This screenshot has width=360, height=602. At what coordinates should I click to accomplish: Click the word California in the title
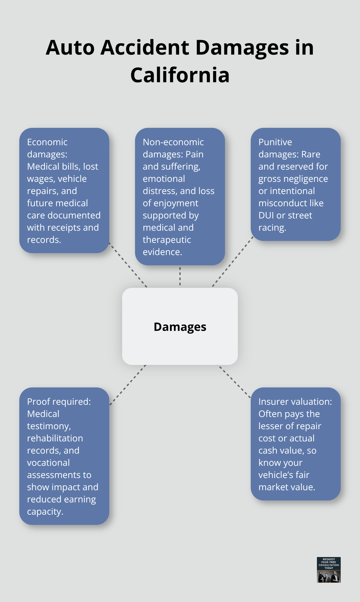[x=180, y=75]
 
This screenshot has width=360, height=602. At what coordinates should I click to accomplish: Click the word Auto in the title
[x=70, y=48]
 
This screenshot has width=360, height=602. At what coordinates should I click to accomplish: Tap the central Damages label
[x=180, y=327]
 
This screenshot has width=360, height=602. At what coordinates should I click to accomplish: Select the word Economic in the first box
[x=47, y=142]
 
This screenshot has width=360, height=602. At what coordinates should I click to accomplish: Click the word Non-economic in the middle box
[x=173, y=142]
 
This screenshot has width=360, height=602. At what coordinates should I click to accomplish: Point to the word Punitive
[x=275, y=142]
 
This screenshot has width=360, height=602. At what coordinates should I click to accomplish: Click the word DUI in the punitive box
[x=266, y=215]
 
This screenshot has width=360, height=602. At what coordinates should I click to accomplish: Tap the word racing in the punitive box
[x=272, y=227]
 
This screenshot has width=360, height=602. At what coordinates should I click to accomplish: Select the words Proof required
[x=59, y=402]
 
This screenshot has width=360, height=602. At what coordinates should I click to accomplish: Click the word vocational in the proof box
[x=48, y=463]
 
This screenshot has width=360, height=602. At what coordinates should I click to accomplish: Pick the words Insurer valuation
[x=295, y=402]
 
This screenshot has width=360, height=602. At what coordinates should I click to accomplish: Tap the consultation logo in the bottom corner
[x=328, y=570]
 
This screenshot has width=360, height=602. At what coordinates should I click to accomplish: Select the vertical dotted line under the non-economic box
[x=180, y=276]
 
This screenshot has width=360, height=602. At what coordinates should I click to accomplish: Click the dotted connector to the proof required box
[x=128, y=385]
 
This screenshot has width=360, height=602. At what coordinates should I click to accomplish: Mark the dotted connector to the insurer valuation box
[x=234, y=382]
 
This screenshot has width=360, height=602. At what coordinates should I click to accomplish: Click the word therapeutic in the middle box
[x=167, y=240]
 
